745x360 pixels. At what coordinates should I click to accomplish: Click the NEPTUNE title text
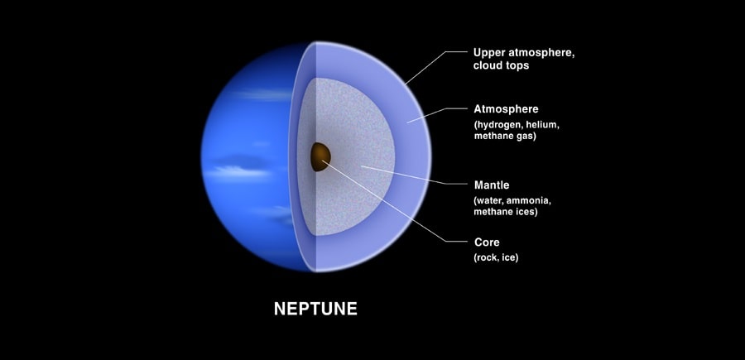click(315, 309)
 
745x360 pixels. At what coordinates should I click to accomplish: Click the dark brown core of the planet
click(320, 156)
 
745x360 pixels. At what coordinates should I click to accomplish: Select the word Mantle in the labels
click(492, 185)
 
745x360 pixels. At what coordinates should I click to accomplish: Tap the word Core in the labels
click(487, 242)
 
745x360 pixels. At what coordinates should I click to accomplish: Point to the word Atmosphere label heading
click(506, 109)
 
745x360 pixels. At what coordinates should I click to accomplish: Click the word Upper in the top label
click(488, 53)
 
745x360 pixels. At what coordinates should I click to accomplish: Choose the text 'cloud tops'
click(501, 66)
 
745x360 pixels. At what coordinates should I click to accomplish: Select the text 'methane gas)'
click(505, 137)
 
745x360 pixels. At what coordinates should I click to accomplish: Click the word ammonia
click(531, 200)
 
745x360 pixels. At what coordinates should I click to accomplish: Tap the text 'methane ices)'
click(506, 212)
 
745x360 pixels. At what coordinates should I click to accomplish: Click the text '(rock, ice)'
click(496, 258)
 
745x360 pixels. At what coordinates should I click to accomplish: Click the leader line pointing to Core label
click(394, 201)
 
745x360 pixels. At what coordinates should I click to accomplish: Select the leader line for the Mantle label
click(414, 175)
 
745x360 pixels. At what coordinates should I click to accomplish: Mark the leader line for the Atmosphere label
click(437, 114)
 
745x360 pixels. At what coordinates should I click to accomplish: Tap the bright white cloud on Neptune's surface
click(238, 172)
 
